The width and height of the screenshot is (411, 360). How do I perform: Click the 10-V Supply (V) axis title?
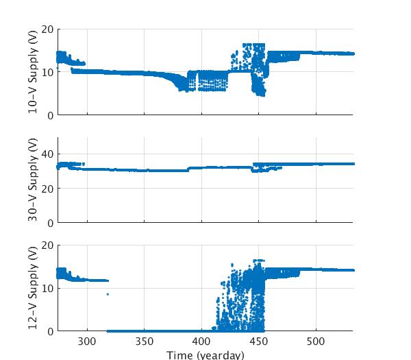coord(33,72)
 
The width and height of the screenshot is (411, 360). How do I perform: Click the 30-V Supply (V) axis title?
coord(33,180)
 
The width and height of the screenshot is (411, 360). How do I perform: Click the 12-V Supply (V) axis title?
coord(33,288)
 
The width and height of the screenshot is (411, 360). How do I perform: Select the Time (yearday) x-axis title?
coord(206,355)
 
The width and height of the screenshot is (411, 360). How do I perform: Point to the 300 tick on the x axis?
coord(87,341)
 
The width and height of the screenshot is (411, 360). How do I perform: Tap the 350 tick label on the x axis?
coord(144,341)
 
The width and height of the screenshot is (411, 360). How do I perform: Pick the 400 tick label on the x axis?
coord(201,341)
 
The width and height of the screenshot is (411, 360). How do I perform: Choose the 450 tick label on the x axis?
coord(258,341)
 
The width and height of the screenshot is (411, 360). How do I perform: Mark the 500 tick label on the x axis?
coord(315,341)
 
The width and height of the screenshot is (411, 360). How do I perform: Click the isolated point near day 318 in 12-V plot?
coord(108,294)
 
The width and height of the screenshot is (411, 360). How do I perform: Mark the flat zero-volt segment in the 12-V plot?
coord(158,331)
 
